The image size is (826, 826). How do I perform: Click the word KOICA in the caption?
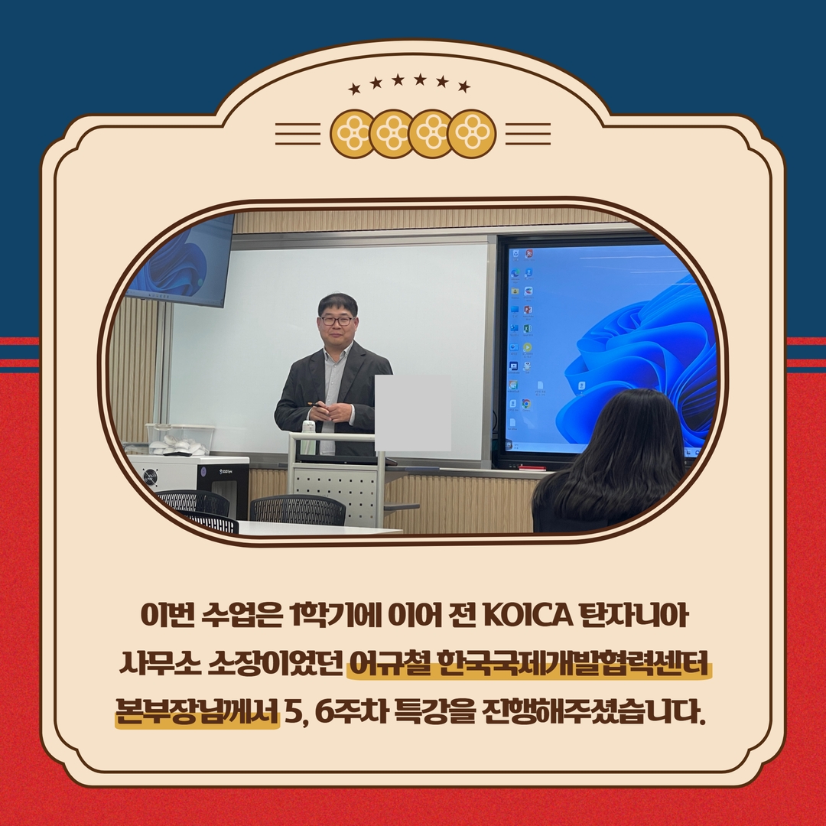(x=527, y=615)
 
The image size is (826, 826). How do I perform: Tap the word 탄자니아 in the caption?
(x=634, y=615)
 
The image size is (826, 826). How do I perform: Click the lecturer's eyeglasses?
(x=336, y=320)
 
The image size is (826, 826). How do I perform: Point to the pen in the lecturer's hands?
(x=317, y=405)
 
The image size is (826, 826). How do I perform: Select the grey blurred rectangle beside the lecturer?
(x=412, y=413)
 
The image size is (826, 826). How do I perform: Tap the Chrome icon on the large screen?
(x=525, y=404)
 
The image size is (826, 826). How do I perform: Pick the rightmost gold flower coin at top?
(x=471, y=134)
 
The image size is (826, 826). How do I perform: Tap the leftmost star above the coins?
(x=355, y=89)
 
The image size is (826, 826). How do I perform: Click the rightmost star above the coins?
(x=464, y=86)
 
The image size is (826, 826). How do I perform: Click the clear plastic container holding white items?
(x=180, y=439)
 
